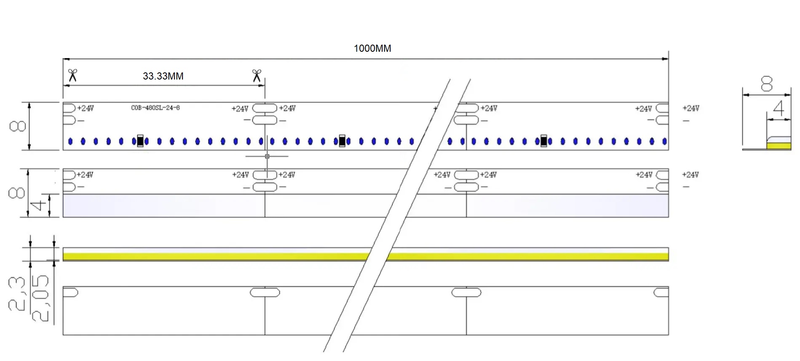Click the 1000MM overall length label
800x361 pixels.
click(x=372, y=48)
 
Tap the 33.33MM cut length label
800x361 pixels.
click(x=163, y=76)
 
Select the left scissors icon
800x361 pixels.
click(x=72, y=76)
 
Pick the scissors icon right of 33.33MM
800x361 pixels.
click(x=257, y=76)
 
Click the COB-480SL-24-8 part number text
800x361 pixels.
click(x=155, y=108)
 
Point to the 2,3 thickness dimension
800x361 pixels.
click(x=17, y=294)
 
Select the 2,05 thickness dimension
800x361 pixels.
click(x=40, y=298)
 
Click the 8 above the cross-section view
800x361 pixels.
click(x=766, y=84)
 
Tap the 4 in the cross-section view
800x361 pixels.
click(x=779, y=108)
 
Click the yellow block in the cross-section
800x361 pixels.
click(x=779, y=146)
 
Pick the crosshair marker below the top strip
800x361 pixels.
click(x=267, y=157)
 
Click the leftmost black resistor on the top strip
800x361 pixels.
click(x=140, y=141)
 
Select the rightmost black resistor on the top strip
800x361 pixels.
click(x=543, y=141)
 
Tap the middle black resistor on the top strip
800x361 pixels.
click(x=342, y=141)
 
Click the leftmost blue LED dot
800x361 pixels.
click(x=70, y=141)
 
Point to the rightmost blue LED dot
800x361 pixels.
click(x=664, y=141)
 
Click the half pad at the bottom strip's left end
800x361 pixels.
click(x=70, y=292)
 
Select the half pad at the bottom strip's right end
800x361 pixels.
click(x=661, y=292)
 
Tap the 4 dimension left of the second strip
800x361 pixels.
click(x=39, y=205)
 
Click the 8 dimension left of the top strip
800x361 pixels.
click(x=18, y=126)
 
